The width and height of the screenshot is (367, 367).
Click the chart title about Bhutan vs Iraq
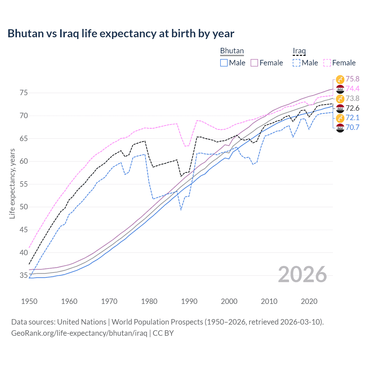(x=121, y=34)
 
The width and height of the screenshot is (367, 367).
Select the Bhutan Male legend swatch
(x=224, y=63)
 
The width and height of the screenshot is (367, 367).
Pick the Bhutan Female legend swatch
(x=254, y=63)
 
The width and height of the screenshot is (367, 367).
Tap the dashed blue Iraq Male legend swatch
(x=296, y=63)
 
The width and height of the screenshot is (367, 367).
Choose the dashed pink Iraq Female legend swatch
(x=327, y=63)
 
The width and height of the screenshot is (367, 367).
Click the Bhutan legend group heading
(x=232, y=51)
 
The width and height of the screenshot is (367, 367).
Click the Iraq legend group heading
(x=299, y=51)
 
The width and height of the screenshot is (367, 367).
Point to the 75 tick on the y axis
(x=24, y=93)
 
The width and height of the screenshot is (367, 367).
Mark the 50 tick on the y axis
(x=24, y=207)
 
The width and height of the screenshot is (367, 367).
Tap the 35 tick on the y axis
(x=24, y=276)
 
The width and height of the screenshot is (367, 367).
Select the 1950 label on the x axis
(x=29, y=301)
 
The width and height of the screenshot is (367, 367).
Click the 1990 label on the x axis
(x=189, y=301)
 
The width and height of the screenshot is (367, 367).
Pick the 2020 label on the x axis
(x=309, y=301)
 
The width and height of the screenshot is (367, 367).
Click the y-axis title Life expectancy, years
(x=12, y=183)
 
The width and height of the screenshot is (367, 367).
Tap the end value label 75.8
(x=352, y=79)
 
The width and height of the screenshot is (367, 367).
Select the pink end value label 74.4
(x=352, y=89)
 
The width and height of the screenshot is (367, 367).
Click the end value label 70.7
(x=352, y=128)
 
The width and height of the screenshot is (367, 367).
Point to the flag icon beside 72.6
(x=340, y=108)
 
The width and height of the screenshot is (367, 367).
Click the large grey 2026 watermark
(x=302, y=274)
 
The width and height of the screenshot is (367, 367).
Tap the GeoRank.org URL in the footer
(x=79, y=333)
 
